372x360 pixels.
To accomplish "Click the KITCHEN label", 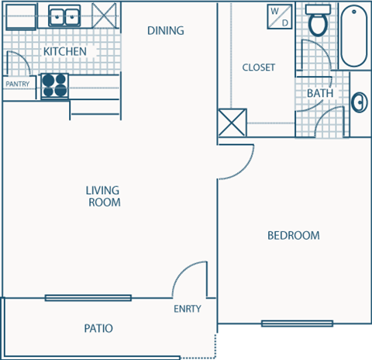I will [64, 52].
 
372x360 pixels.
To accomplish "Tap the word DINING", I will [165, 31].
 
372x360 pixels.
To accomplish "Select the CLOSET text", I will [258, 67].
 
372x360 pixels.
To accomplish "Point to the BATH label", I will [320, 93].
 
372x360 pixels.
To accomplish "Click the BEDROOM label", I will [293, 236].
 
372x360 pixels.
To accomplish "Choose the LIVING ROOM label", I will [103, 196].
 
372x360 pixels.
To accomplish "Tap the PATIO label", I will [98, 329].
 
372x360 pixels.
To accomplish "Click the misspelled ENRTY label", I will [187, 309].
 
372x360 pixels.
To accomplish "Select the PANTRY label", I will [18, 83].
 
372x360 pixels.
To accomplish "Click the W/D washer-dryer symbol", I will [278, 17].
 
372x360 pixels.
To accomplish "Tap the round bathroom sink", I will [360, 102].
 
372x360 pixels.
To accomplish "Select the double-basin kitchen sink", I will [66, 16].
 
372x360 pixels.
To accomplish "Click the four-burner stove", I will [54, 85].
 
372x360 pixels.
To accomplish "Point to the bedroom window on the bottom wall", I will [297, 323].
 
